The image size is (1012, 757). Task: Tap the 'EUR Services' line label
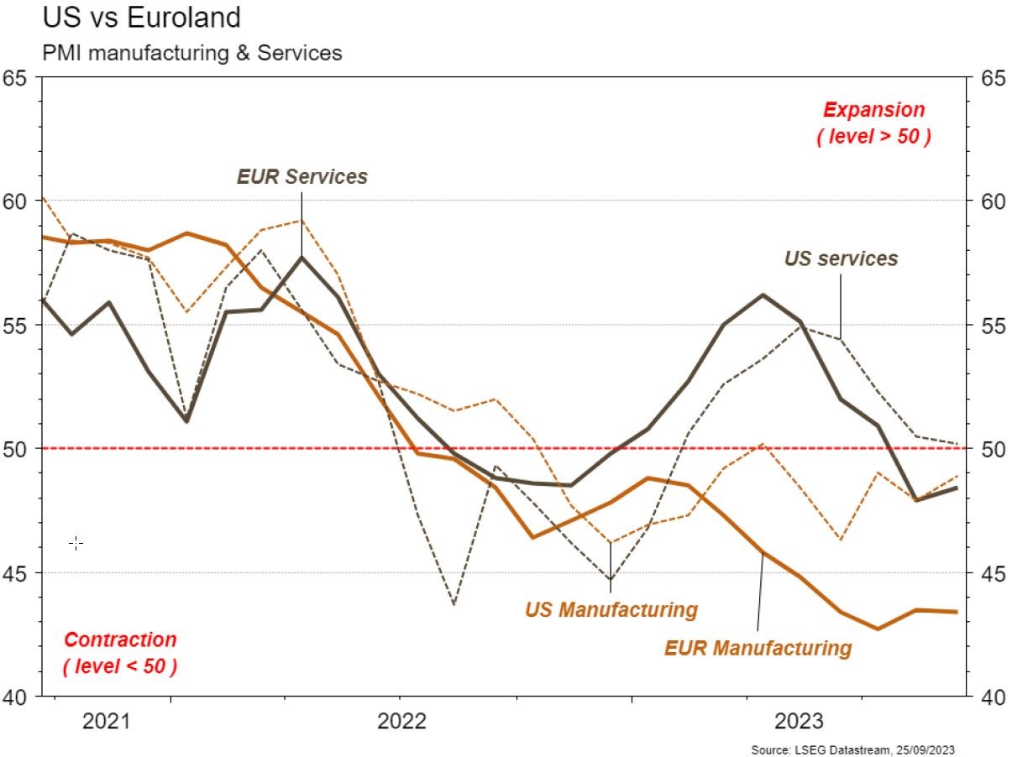tap(302, 177)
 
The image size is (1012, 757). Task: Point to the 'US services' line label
tap(841, 258)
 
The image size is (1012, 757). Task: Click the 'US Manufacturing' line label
tap(611, 609)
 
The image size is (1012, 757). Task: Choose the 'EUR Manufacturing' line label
tap(758, 649)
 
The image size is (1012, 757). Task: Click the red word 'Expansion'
tap(873, 110)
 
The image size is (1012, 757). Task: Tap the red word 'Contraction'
tap(121, 640)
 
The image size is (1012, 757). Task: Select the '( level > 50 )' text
tap(873, 137)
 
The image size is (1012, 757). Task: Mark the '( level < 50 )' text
tap(120, 667)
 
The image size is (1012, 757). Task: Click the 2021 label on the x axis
tap(106, 721)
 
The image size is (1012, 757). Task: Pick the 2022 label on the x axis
tap(402, 721)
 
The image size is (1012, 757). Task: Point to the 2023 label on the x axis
tap(799, 721)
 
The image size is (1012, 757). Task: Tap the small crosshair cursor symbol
tap(76, 544)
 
